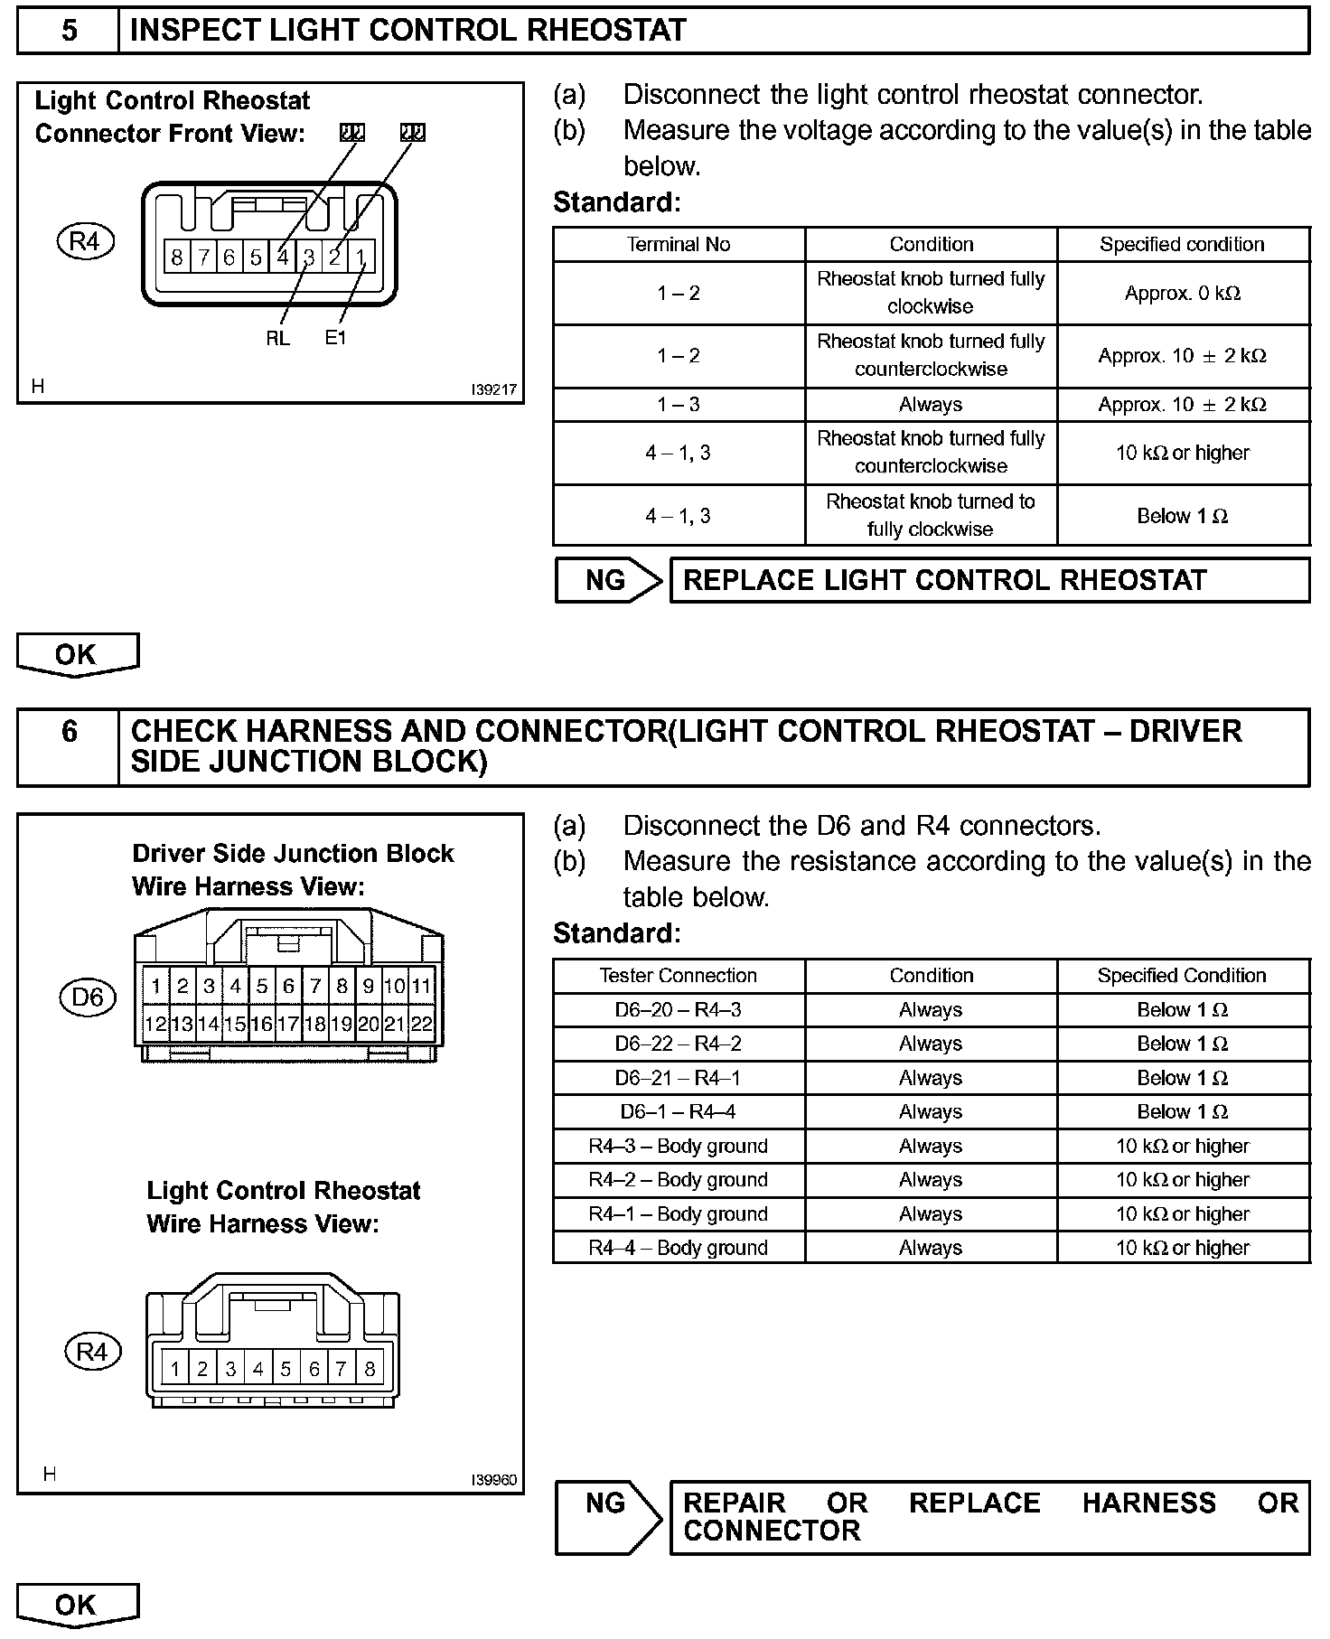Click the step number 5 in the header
coord(69,31)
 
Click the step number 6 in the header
coord(69,731)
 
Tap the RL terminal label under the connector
coord(278,338)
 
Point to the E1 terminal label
coord(335,338)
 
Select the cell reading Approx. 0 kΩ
coord(1182,294)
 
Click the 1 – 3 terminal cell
coord(678,405)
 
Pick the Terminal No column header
coord(678,245)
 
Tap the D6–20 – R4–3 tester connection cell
coord(678,1010)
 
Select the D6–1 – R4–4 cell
coord(678,1112)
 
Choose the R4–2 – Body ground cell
coord(678,1180)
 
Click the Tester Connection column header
coord(678,976)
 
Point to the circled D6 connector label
coord(88,997)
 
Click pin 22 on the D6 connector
coord(421,1025)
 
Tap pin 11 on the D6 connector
coord(421,986)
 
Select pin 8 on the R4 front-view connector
coord(177,258)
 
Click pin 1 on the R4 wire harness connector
coord(174,1369)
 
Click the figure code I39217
coord(493,390)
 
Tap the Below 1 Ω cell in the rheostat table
coord(1182,517)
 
